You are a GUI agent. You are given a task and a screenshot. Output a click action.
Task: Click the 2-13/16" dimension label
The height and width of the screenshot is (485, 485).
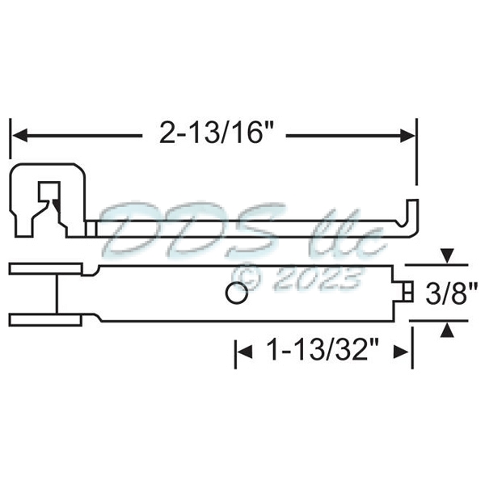[213, 133]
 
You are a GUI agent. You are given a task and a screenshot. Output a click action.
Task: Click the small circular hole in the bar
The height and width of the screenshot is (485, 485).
[236, 294]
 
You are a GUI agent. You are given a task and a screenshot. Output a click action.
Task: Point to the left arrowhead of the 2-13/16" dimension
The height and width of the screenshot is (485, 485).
[18, 134]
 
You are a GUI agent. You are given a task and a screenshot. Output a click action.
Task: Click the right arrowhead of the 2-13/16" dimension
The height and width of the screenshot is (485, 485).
[410, 134]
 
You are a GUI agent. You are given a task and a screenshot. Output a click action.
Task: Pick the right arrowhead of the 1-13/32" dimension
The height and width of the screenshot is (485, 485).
[407, 352]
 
